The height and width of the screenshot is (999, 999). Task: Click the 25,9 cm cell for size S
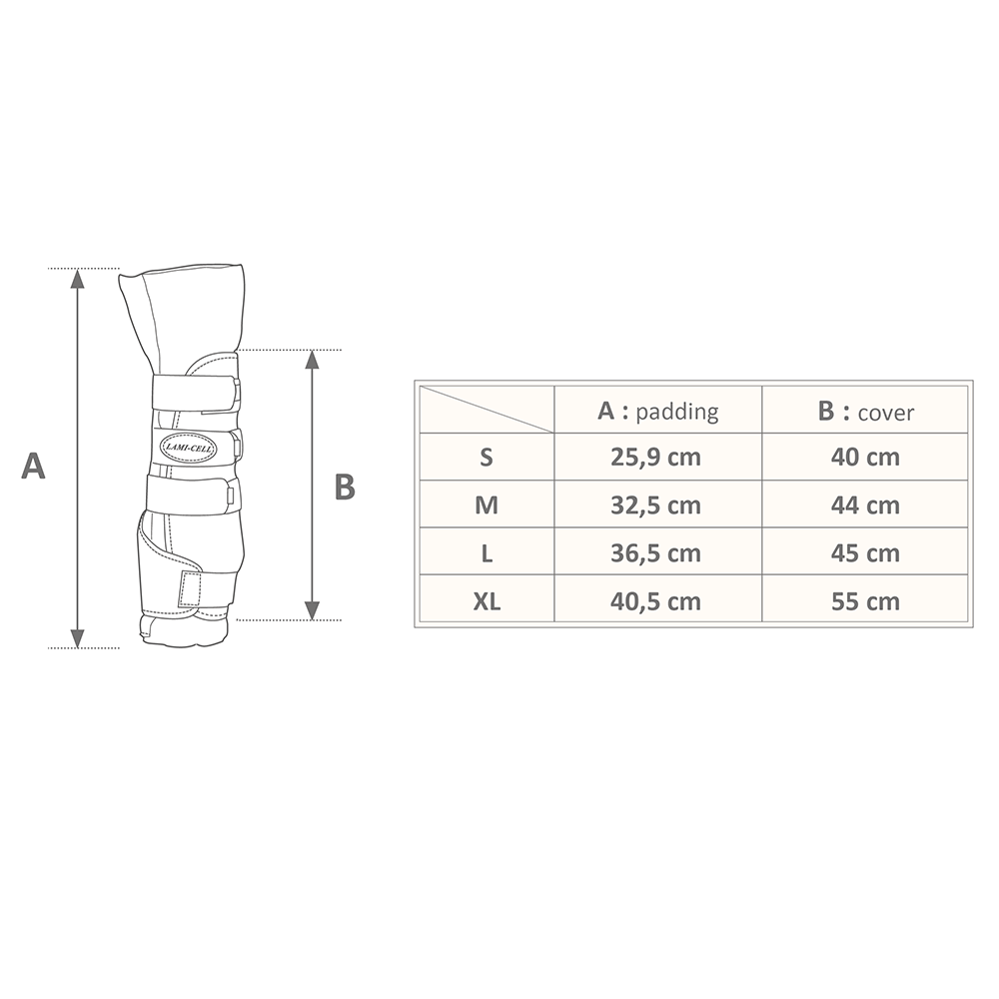[x=655, y=457]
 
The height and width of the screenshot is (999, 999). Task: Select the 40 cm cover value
[x=864, y=457]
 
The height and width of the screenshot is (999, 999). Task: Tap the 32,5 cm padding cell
[x=655, y=505]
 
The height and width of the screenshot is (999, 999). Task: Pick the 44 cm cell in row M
[x=864, y=505]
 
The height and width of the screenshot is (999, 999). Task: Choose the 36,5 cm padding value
[x=655, y=553]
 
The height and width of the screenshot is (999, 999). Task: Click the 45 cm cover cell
[x=864, y=553]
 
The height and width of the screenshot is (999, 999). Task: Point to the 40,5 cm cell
[x=655, y=601]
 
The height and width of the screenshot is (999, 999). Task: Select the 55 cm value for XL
[x=864, y=601]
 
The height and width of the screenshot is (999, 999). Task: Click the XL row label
[x=487, y=601]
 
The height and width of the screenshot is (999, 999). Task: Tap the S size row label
[x=487, y=457]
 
